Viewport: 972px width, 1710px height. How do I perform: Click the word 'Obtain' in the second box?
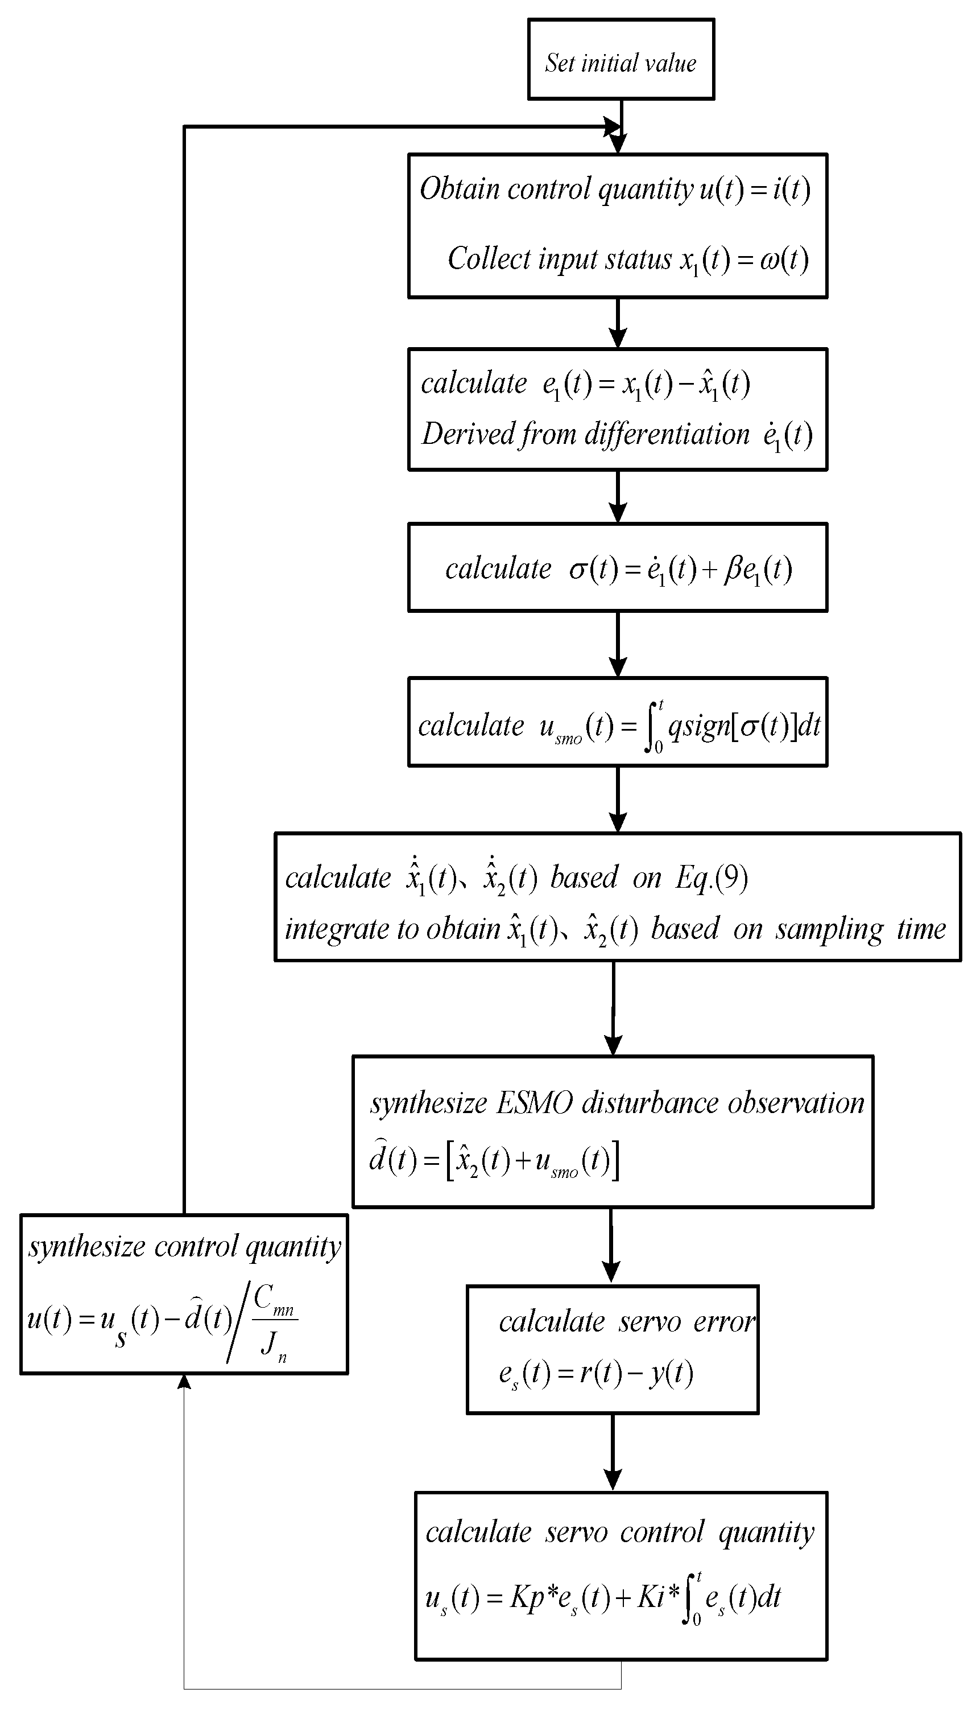458,189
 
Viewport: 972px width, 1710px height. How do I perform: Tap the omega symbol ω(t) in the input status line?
784,259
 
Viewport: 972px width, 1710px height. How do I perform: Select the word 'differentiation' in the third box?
667,435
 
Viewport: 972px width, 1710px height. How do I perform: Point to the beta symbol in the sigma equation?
733,570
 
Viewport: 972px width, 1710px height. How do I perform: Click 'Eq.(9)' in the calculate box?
711,877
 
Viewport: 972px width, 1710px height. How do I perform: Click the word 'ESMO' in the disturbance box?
535,1103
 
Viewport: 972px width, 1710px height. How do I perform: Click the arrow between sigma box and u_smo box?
618,644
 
